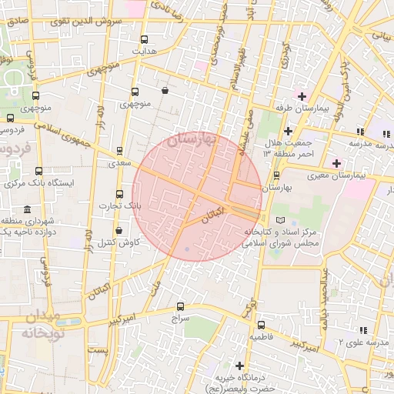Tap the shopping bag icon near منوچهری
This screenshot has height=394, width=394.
[165, 91]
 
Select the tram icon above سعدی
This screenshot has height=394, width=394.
[119, 152]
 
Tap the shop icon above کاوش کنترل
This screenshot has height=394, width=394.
[118, 231]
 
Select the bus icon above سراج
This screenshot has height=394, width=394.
[181, 306]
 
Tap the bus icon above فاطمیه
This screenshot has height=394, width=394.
[261, 326]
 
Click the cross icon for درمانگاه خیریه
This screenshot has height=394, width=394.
[241, 366]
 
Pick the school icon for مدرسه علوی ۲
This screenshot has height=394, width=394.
[363, 330]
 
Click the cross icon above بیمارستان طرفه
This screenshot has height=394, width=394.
[302, 97]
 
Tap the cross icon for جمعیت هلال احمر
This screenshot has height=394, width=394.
[288, 132]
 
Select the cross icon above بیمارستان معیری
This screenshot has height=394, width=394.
[336, 163]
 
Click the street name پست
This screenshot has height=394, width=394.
[98, 350]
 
